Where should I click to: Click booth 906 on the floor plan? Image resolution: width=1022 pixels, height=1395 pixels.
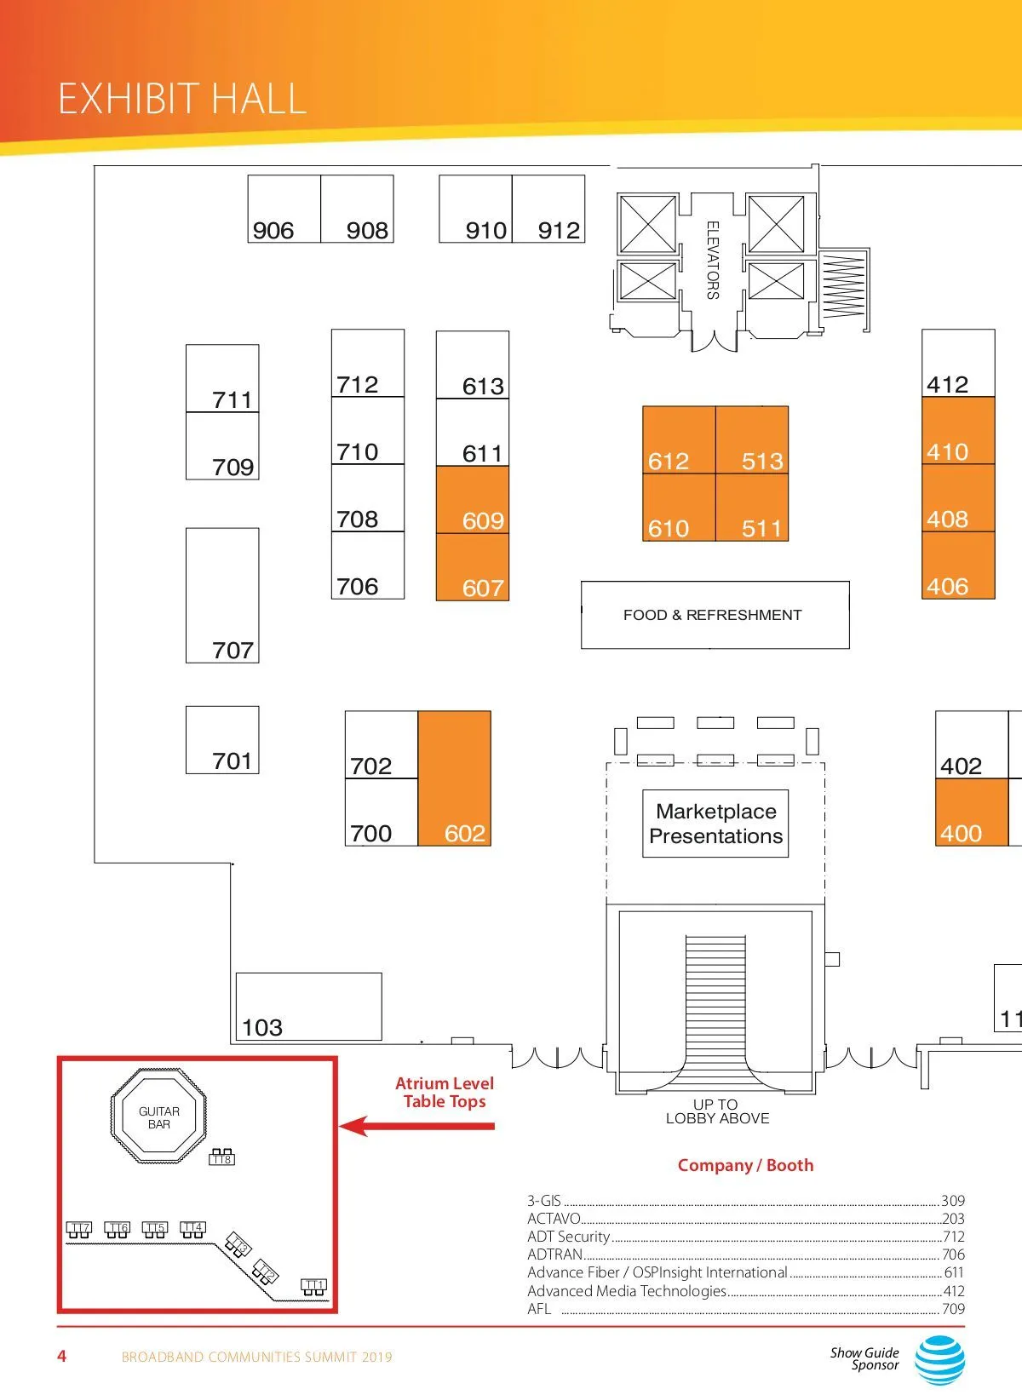coord(284,210)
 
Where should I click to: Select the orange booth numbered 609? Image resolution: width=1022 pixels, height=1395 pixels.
coord(473,500)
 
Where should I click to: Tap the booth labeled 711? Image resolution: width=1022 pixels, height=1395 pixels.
coord(222,379)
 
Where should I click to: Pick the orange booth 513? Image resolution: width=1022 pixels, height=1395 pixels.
coord(752,440)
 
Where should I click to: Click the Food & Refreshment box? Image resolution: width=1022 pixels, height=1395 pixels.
coord(715,615)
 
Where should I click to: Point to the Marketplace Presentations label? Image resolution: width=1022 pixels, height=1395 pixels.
coord(715,824)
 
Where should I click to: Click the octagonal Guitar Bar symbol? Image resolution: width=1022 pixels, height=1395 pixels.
coord(159,1117)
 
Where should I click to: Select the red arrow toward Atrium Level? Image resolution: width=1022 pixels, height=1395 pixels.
coord(417,1126)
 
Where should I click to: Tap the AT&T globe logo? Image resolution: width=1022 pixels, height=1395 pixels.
coord(939,1359)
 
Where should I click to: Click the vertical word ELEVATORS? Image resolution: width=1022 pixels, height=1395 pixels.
coord(713,260)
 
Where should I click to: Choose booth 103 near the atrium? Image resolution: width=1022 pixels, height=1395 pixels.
coord(308,1007)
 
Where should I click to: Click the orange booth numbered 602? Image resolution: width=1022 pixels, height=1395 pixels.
coord(455,778)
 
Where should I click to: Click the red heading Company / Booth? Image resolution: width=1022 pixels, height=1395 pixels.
coord(745,1165)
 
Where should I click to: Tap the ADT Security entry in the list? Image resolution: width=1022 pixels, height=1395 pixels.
coord(569,1237)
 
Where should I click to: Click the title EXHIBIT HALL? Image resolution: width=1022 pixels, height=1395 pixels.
coord(182,99)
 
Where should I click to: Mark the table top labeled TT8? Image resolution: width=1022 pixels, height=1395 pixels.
coord(221,1157)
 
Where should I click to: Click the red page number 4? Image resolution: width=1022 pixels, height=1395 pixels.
coord(61,1356)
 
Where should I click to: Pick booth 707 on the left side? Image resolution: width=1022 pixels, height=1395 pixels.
coord(222,595)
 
